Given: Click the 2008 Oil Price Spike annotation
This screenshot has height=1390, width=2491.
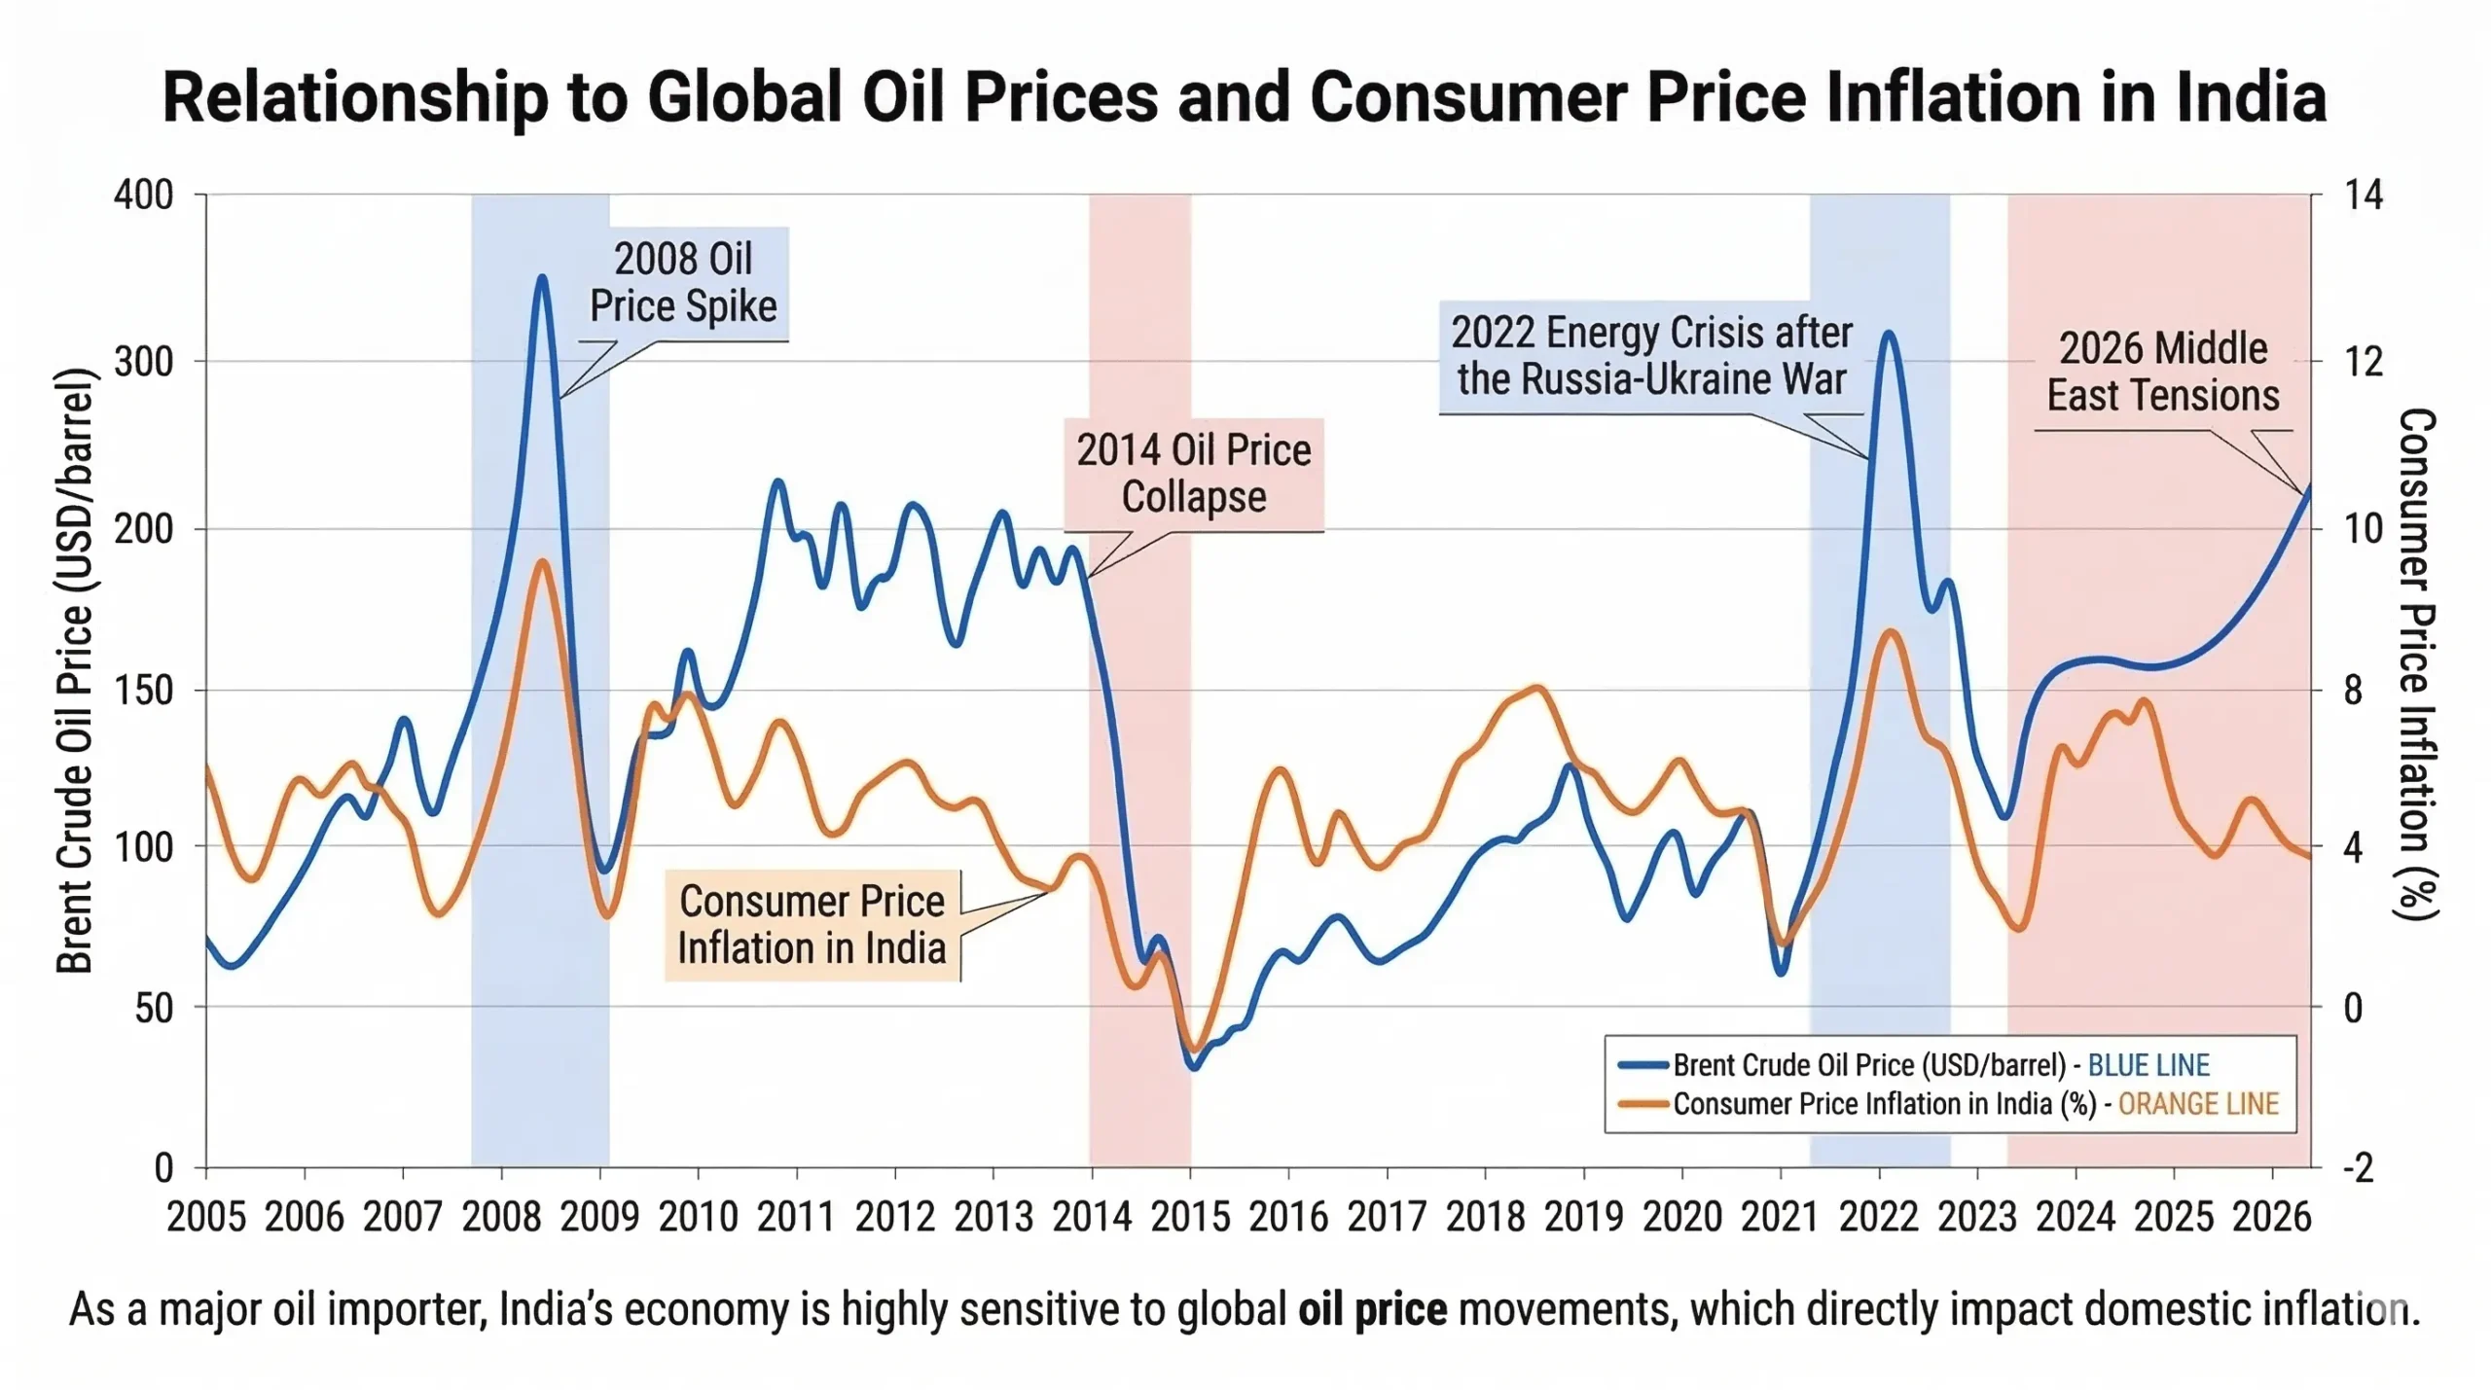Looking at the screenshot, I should tap(683, 283).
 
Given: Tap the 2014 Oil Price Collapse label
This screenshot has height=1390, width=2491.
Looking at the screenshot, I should tap(1193, 474).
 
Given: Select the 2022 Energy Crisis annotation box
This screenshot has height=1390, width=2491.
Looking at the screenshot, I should tap(1650, 356).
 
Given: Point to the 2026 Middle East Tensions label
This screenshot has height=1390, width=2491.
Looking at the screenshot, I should tap(2162, 373).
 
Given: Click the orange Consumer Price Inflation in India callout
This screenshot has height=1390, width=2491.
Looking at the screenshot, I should tap(812, 925).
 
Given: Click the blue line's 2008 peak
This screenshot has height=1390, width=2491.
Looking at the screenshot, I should tap(543, 278).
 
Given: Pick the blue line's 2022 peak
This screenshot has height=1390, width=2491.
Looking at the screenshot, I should tap(1888, 334).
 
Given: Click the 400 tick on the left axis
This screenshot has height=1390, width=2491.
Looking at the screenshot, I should tap(144, 196).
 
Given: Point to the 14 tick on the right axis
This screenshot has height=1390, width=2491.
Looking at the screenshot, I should tap(2363, 196).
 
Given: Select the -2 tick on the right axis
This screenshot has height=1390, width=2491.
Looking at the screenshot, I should tap(2357, 1167).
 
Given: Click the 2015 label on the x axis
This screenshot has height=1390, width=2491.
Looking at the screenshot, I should tap(1190, 1217).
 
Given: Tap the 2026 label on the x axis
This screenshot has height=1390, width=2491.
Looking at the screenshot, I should tap(2271, 1217).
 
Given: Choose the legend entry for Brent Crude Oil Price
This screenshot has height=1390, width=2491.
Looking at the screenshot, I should tap(1868, 1065).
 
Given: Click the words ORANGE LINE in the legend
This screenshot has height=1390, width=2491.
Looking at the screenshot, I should tap(2198, 1104).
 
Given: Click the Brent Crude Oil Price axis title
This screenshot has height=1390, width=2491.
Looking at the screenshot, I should tap(74, 671).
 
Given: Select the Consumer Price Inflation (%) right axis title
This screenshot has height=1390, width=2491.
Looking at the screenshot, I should tap(2415, 663).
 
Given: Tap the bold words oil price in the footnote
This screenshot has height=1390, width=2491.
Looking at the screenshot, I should tap(1372, 1310).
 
